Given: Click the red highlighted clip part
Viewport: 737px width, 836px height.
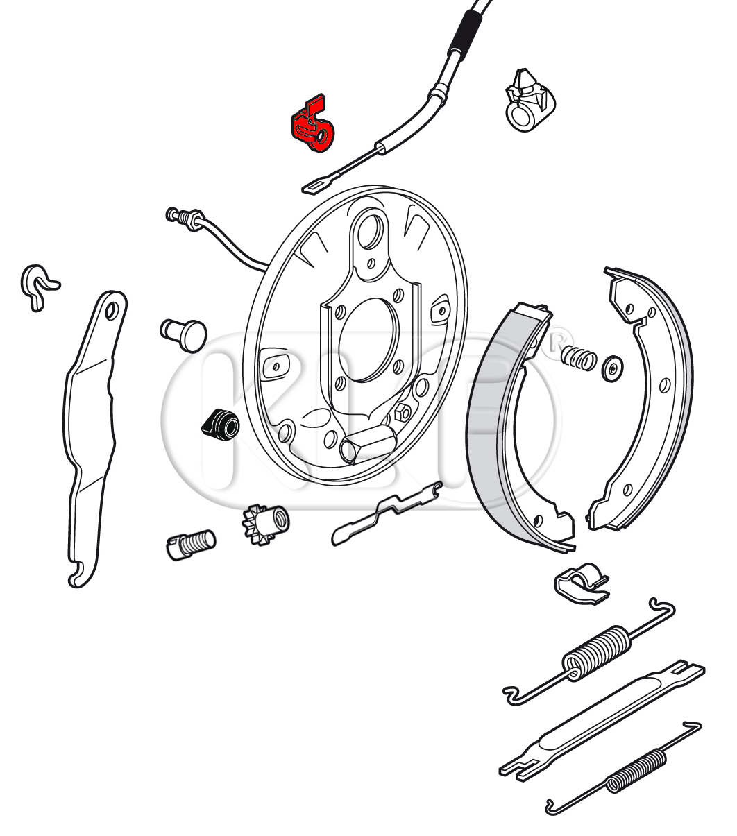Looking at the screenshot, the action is click(x=312, y=125).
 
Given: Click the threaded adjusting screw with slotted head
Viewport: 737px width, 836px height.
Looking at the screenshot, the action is click(x=190, y=545).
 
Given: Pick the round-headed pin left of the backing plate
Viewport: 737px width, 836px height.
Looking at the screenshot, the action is click(x=184, y=336).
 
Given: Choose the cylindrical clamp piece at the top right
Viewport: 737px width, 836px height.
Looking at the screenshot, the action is click(x=529, y=101).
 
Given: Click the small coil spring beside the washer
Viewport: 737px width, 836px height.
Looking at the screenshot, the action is click(x=578, y=358).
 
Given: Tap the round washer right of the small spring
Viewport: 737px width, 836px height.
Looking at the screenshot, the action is click(x=612, y=368).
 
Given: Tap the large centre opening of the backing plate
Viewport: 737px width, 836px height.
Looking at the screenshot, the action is click(x=368, y=339).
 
